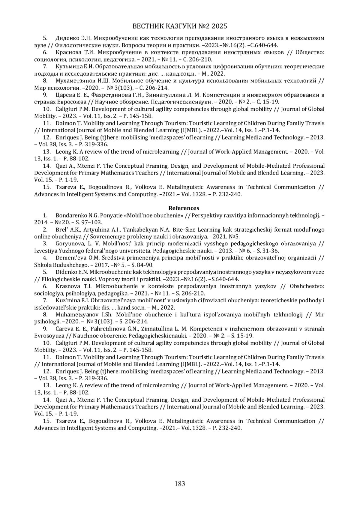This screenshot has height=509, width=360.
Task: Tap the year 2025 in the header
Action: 220,26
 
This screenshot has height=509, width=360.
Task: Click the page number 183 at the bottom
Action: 180,484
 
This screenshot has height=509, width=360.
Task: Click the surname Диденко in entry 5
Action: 67,38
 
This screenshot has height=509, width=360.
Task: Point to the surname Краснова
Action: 67,52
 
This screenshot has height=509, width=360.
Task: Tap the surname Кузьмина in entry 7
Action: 67,67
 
